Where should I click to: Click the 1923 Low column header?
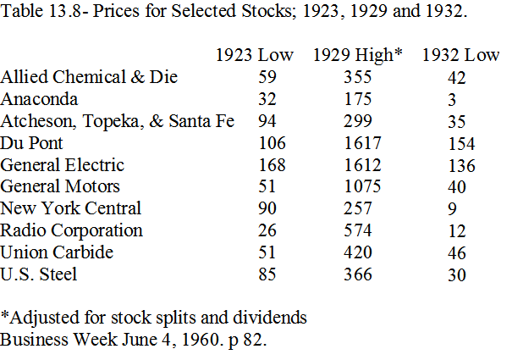coord(255,55)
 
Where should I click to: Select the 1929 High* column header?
coord(357,55)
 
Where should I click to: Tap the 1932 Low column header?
coord(460,55)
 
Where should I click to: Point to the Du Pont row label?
coord(31,142)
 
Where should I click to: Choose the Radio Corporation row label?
coord(73,230)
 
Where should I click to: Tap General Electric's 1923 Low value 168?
coord(274,164)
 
